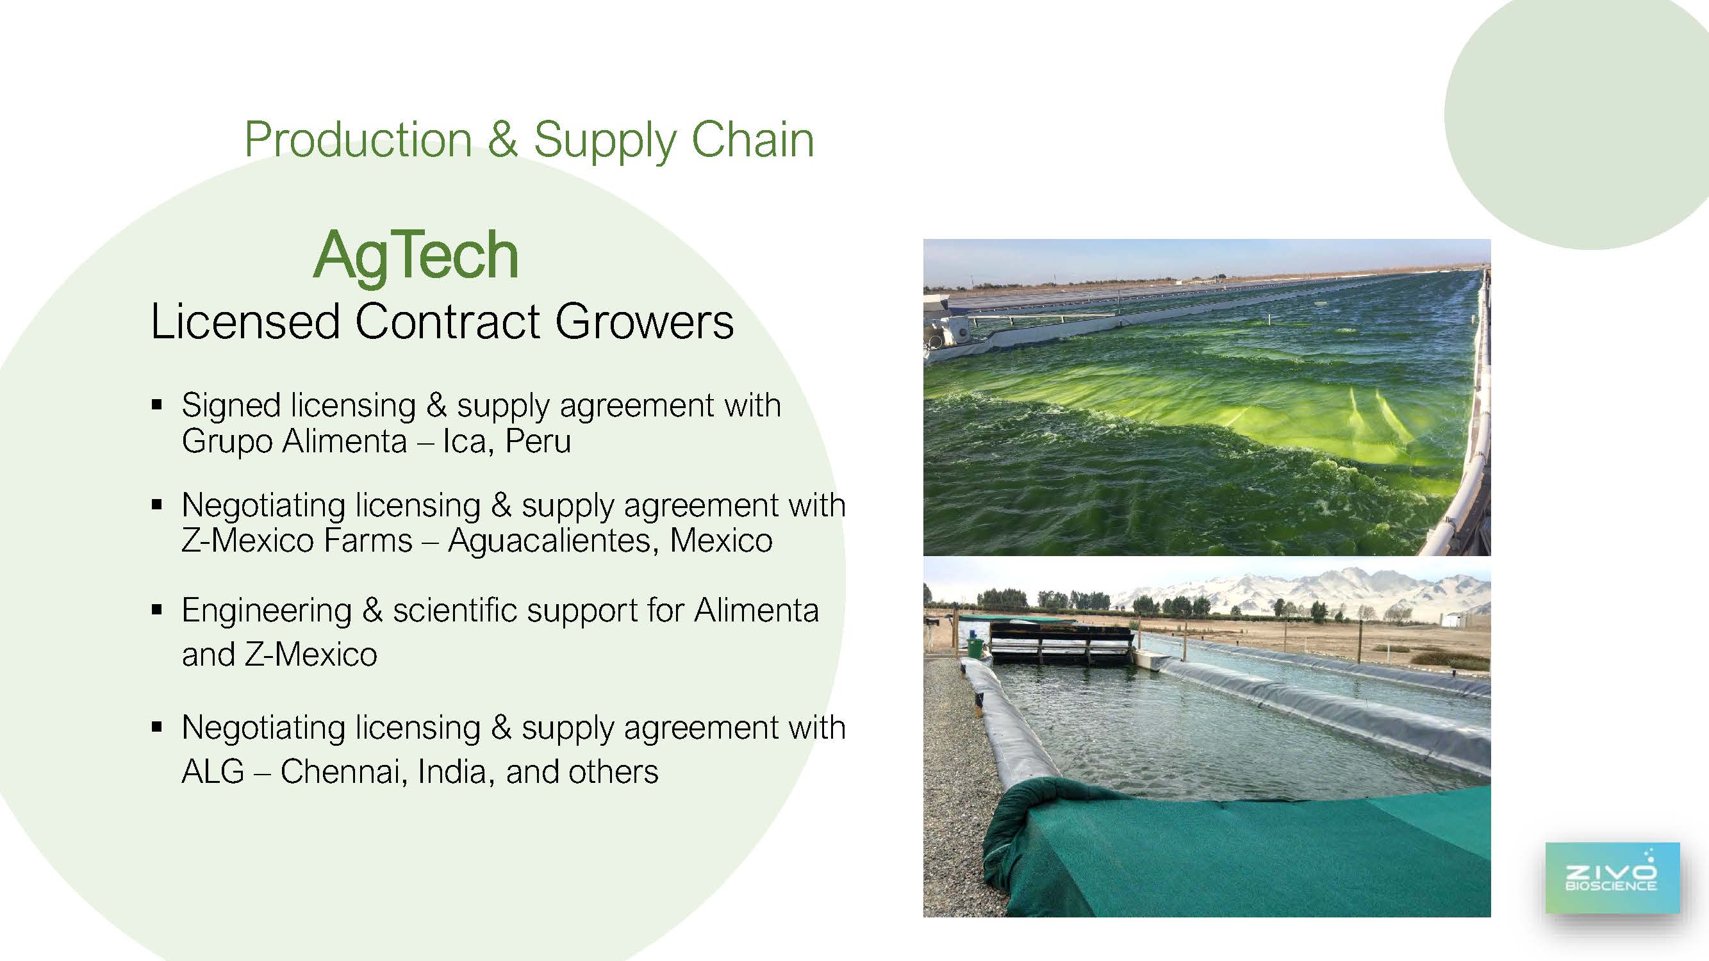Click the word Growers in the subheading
point(644,322)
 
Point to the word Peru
point(538,441)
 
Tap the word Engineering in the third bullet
point(267,611)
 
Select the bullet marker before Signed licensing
point(156,404)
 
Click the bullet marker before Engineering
point(156,609)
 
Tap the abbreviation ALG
point(213,771)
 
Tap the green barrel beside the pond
point(976,647)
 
